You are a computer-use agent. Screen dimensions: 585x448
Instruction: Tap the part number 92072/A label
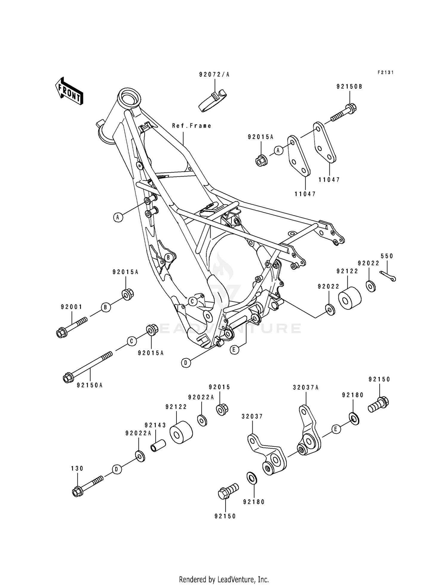click(214, 75)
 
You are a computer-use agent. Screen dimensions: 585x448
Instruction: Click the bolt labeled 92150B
click(343, 113)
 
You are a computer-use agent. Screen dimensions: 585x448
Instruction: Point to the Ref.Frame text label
click(192, 126)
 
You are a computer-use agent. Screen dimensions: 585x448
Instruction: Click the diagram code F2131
click(385, 72)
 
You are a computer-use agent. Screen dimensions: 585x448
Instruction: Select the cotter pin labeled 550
click(388, 276)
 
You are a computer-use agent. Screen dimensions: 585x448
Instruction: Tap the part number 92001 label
click(71, 307)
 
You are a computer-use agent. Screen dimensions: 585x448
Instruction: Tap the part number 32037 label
click(252, 417)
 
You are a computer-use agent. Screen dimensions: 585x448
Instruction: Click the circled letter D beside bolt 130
click(117, 470)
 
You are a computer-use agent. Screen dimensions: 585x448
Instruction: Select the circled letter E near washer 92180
click(336, 429)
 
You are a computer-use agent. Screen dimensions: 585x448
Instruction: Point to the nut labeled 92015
click(222, 409)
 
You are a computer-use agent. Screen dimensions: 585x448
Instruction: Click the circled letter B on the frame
click(168, 257)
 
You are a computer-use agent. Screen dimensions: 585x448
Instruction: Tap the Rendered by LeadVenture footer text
click(224, 571)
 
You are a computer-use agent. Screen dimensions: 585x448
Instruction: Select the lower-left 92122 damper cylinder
click(181, 432)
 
